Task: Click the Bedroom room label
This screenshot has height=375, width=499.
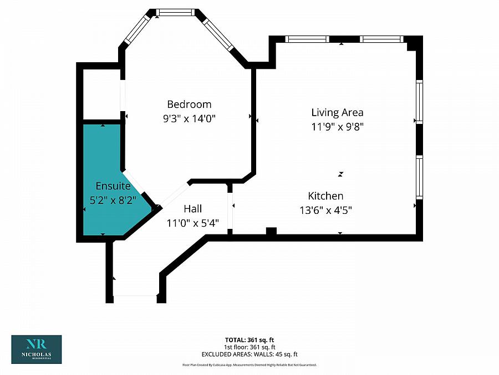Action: pyautogui.click(x=189, y=104)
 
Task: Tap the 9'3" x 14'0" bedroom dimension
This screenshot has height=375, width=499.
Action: pyautogui.click(x=189, y=118)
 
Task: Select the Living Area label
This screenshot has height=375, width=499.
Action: pyautogui.click(x=337, y=112)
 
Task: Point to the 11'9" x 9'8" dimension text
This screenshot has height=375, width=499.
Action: pyautogui.click(x=337, y=126)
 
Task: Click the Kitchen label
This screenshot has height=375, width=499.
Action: pyautogui.click(x=325, y=196)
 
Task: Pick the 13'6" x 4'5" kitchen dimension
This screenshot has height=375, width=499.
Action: pyautogui.click(x=325, y=209)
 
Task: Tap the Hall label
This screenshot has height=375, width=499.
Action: pyautogui.click(x=192, y=209)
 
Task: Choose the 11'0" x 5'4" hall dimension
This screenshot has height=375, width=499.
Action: pyautogui.click(x=192, y=223)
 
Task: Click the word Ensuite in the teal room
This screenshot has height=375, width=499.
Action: pyautogui.click(x=113, y=186)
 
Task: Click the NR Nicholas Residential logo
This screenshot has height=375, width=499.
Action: pyautogui.click(x=37, y=349)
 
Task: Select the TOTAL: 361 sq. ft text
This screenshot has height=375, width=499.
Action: pyautogui.click(x=249, y=339)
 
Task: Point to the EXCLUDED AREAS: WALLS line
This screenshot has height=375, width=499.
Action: pyautogui.click(x=249, y=354)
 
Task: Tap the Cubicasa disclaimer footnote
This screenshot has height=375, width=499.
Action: pyautogui.click(x=249, y=365)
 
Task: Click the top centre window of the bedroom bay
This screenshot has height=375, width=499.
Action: pyautogui.click(x=175, y=12)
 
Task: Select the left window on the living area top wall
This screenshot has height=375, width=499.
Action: pyautogui.click(x=307, y=39)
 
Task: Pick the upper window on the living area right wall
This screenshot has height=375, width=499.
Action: pyautogui.click(x=419, y=102)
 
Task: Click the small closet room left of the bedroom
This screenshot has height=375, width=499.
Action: pyautogui.click(x=101, y=94)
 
